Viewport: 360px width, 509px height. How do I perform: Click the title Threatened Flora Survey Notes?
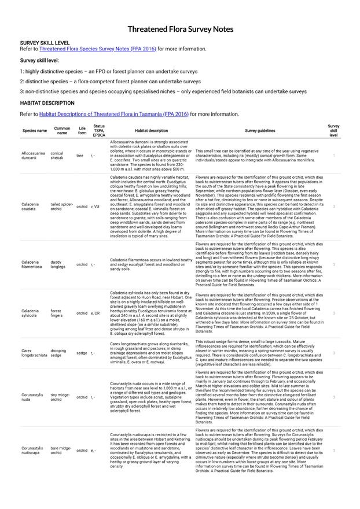point(180,29)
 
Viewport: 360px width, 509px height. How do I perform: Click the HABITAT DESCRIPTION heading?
point(47,103)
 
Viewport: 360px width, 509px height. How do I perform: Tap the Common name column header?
point(62,131)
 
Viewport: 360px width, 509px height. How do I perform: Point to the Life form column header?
point(82,131)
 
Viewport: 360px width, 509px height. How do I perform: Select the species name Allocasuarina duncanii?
point(33,155)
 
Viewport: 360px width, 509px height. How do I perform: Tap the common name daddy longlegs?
point(61,264)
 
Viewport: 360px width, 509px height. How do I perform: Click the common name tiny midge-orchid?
point(61,397)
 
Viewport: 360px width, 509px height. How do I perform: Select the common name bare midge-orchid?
point(61,450)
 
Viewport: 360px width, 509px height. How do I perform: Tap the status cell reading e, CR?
point(97,313)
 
